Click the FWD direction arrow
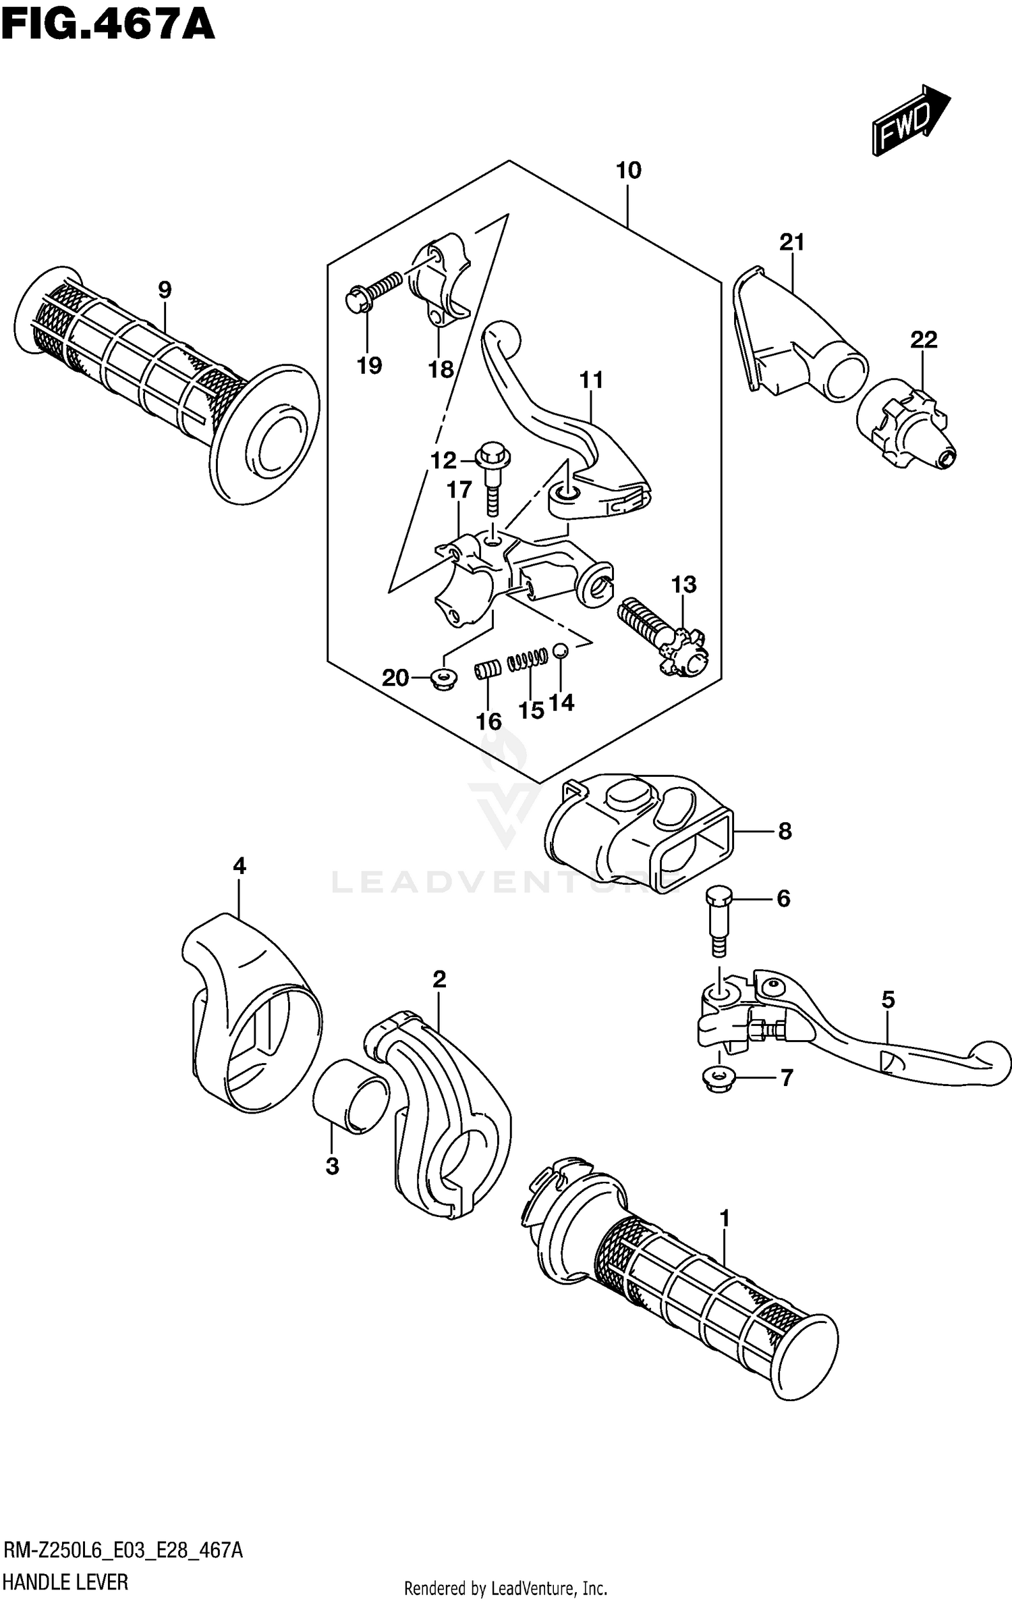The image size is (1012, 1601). (x=911, y=119)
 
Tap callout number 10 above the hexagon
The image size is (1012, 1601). (x=628, y=171)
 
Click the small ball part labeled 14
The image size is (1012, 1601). (x=560, y=651)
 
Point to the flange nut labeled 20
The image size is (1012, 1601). (x=443, y=678)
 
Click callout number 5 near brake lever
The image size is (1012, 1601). (x=887, y=1000)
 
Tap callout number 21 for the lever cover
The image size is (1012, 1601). (x=792, y=242)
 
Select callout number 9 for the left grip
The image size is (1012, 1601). (x=165, y=291)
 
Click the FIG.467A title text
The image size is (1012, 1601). (x=108, y=26)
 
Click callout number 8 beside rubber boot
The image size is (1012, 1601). (x=785, y=831)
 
